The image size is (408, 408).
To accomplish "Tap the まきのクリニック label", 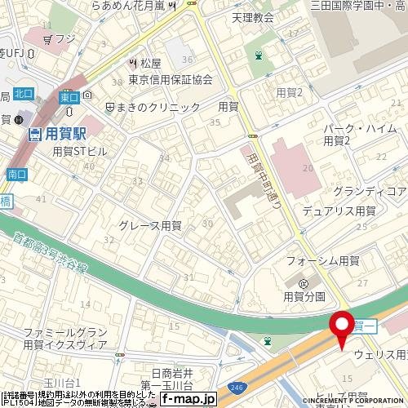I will [x=161, y=107].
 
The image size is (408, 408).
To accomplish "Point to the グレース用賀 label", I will [x=149, y=225].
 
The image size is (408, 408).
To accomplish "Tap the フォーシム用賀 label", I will [x=323, y=260].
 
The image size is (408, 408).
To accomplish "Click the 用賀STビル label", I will [x=79, y=151].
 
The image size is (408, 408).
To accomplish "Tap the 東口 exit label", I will [x=69, y=97].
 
